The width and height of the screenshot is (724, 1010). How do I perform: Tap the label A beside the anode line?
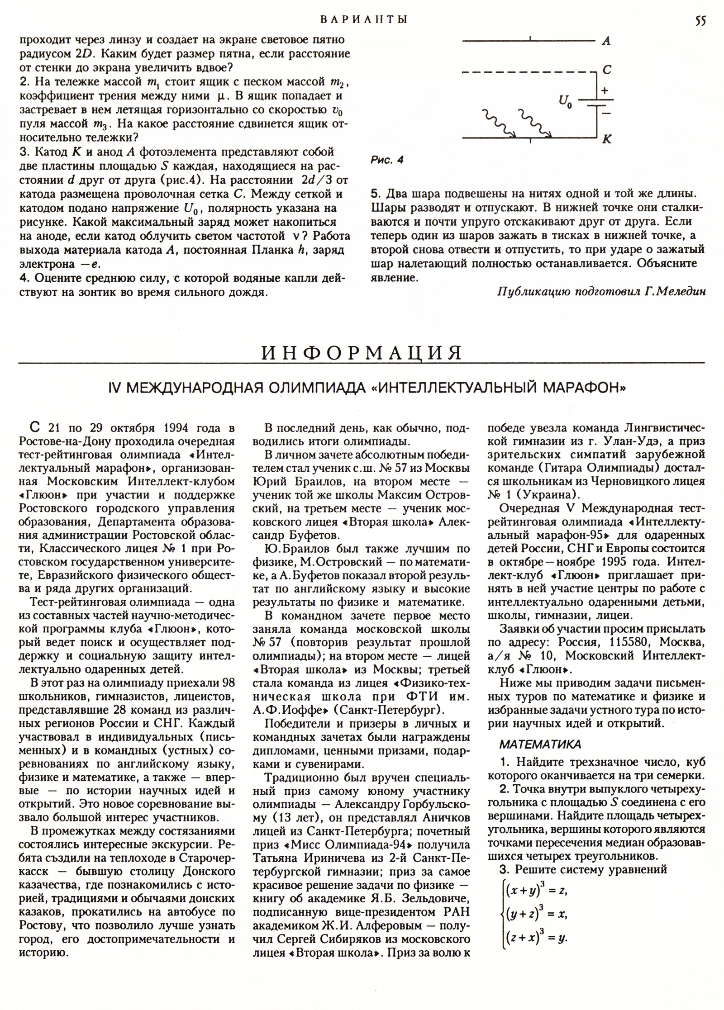click(x=606, y=41)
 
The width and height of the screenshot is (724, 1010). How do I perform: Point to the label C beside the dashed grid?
click(x=607, y=70)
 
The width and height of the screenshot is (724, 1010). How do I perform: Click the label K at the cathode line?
click(x=607, y=140)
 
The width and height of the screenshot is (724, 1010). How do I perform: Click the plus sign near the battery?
click(x=604, y=90)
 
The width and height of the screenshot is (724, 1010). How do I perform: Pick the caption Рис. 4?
click(x=387, y=160)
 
